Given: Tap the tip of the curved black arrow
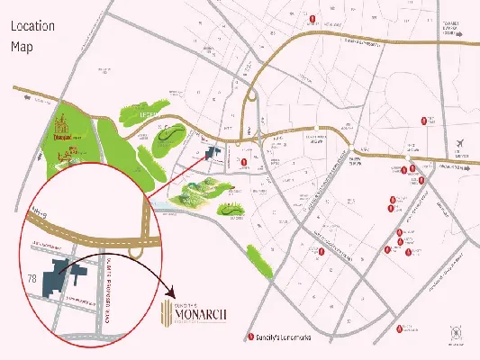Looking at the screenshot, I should [x=172, y=297].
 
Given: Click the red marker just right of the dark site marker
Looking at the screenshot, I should [x=245, y=162].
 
